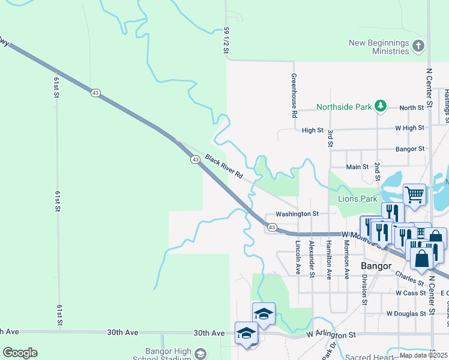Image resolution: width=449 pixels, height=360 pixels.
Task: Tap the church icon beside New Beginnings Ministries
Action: coord(418,46)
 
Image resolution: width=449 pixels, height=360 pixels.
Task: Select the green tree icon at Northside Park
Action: coord(380,106)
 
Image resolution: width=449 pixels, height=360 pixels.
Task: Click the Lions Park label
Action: coord(358,199)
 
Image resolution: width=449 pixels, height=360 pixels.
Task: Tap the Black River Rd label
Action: coord(223,167)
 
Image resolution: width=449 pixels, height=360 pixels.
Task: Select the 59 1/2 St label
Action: coord(226,40)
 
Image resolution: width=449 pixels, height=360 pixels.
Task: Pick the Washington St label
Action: coord(297,214)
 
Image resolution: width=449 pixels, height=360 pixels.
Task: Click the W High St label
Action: coord(409,128)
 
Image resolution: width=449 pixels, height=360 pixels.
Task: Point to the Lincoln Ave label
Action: coord(298,258)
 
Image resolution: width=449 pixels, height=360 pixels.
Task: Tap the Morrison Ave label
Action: coord(346,258)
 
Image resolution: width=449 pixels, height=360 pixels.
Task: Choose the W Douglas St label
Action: coord(406,314)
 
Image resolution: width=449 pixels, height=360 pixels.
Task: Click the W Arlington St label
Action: coord(331,334)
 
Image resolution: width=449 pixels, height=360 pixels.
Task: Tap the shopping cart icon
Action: coord(414,194)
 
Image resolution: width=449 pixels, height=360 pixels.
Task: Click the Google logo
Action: coord(20,353)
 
